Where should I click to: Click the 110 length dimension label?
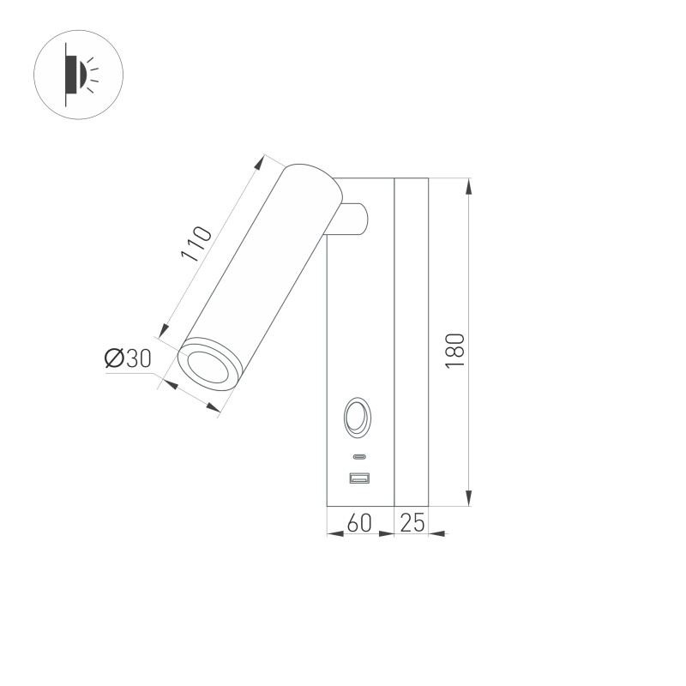coord(196,244)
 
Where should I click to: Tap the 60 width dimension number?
coord(360,523)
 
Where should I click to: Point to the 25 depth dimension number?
coord(412,523)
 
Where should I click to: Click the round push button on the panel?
coord(357,418)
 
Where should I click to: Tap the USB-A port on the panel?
coord(358,478)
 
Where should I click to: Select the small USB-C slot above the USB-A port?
coord(358,456)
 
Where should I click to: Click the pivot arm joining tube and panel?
coord(352,220)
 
